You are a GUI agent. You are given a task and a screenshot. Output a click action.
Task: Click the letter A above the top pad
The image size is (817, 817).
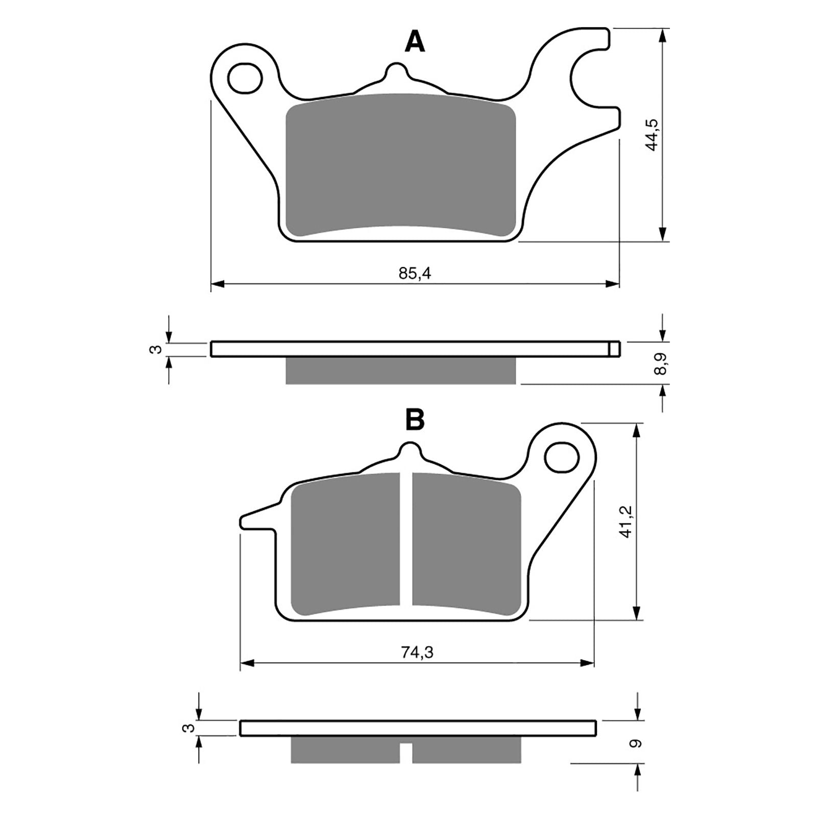(x=415, y=41)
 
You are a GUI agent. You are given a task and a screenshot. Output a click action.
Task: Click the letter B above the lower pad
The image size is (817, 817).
(x=415, y=420)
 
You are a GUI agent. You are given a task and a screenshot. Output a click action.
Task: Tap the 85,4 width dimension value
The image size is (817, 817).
(x=415, y=274)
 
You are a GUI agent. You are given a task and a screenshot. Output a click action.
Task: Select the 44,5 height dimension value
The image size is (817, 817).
(x=652, y=135)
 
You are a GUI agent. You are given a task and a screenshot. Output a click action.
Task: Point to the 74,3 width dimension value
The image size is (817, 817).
(x=417, y=653)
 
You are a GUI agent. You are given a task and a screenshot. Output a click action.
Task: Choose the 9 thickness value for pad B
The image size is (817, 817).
(x=636, y=743)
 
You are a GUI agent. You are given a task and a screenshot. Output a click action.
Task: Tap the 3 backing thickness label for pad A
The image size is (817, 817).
(x=158, y=349)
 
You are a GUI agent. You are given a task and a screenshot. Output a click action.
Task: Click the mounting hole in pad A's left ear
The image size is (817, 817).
(x=245, y=78)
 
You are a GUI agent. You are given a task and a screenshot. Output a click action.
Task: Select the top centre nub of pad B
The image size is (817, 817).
(x=410, y=451)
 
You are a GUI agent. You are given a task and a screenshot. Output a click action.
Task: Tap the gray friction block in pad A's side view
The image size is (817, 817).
(x=400, y=370)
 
